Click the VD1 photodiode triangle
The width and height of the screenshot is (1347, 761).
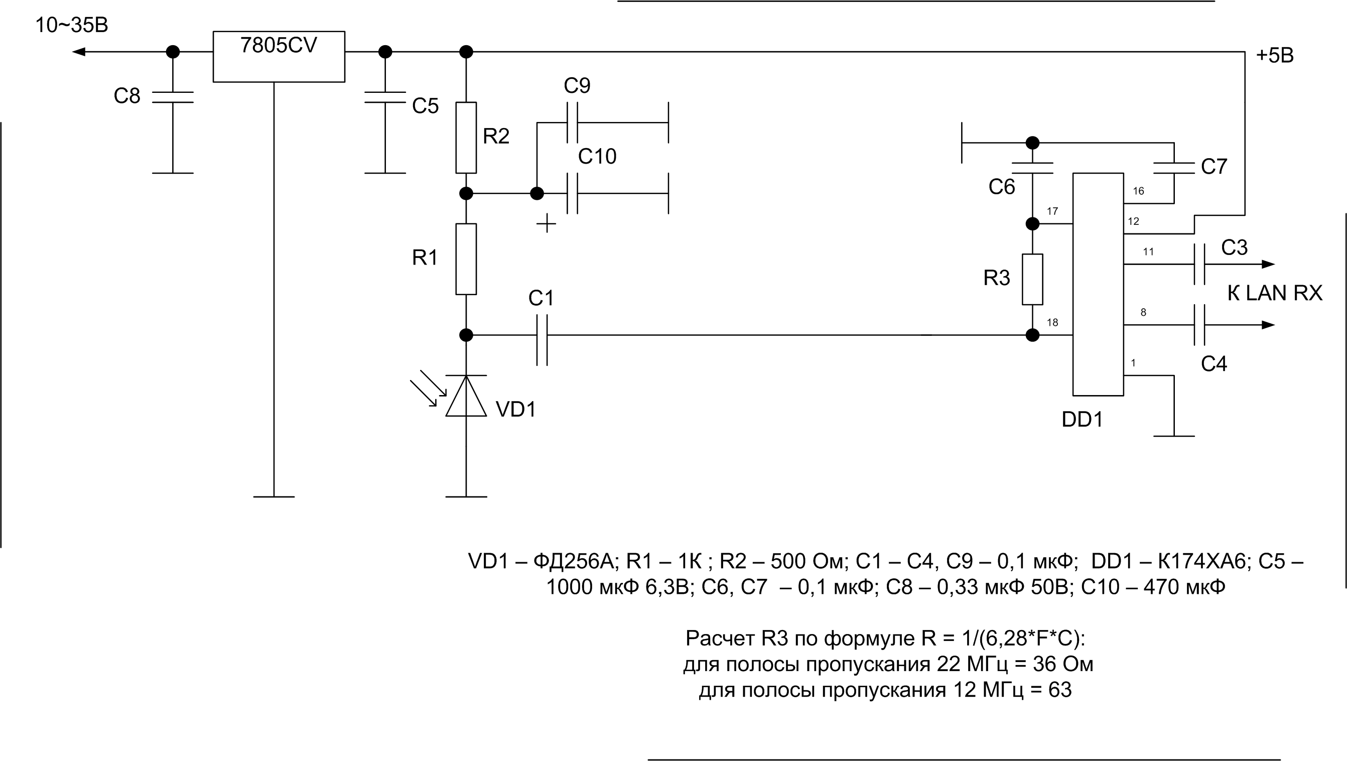pos(466,396)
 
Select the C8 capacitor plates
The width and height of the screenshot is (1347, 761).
pos(173,97)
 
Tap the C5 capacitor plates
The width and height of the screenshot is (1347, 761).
pos(385,97)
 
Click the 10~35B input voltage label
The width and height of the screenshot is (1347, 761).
pos(72,25)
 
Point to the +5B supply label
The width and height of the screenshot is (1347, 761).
pos(1275,55)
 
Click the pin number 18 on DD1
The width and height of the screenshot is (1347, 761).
pos(1052,322)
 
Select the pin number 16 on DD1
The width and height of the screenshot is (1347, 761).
pos(1138,191)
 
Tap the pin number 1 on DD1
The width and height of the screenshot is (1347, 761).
pos(1133,363)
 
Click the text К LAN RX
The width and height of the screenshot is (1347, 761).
pos(1275,293)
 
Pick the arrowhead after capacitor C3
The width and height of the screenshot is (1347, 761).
pos(1269,264)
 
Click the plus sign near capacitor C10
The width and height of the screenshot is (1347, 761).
pos(547,223)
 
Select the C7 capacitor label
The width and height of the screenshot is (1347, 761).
pos(1214,166)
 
